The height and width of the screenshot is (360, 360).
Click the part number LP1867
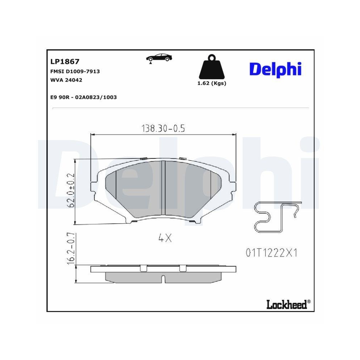point(65,62)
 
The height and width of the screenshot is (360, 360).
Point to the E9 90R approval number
point(84,97)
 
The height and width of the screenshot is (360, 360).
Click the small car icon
point(159,58)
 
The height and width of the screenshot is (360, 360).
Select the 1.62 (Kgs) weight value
point(212,83)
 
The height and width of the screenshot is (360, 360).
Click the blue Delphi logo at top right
point(275,69)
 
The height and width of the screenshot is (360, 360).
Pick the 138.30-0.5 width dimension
point(163,128)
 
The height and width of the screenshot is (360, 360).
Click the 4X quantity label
point(165,238)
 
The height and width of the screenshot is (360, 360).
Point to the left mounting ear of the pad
point(95,186)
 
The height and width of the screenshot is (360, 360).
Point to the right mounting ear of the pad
point(232,186)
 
